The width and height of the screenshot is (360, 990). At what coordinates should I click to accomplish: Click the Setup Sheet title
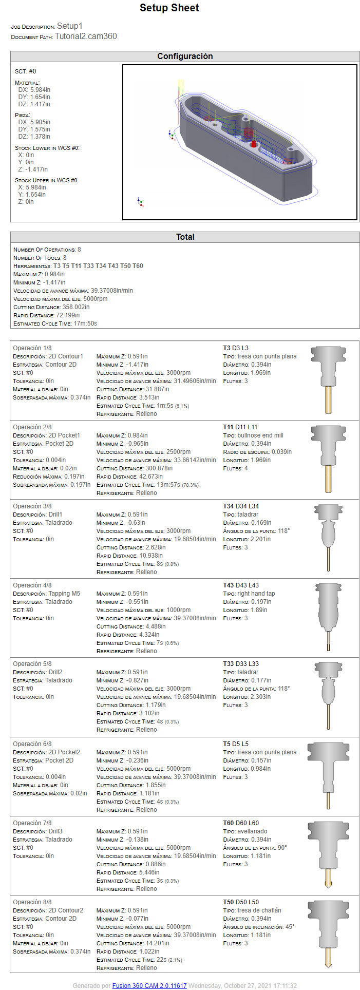[x=169, y=8]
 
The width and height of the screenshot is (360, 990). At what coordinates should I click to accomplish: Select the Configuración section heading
[x=185, y=56]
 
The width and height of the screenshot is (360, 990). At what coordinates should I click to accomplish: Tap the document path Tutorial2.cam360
[x=86, y=36]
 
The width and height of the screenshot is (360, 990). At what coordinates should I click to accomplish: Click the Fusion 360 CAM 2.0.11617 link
[x=149, y=986]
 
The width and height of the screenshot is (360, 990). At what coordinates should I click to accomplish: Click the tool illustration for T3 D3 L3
[x=328, y=379]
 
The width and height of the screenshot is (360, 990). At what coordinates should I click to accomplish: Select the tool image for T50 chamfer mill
[x=328, y=934]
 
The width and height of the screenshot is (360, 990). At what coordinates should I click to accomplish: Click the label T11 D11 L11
[x=240, y=427]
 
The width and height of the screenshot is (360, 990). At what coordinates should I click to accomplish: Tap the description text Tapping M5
[x=64, y=594]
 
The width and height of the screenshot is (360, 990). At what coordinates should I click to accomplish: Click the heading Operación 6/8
[x=32, y=744]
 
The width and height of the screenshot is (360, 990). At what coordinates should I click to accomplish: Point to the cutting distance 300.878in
[x=155, y=468]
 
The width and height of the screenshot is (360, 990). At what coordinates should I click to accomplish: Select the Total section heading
[x=185, y=237]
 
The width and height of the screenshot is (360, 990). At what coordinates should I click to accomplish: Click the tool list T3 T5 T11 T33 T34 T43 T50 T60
[x=98, y=266]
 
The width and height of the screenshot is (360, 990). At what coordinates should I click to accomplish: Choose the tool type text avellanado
[x=252, y=831]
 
